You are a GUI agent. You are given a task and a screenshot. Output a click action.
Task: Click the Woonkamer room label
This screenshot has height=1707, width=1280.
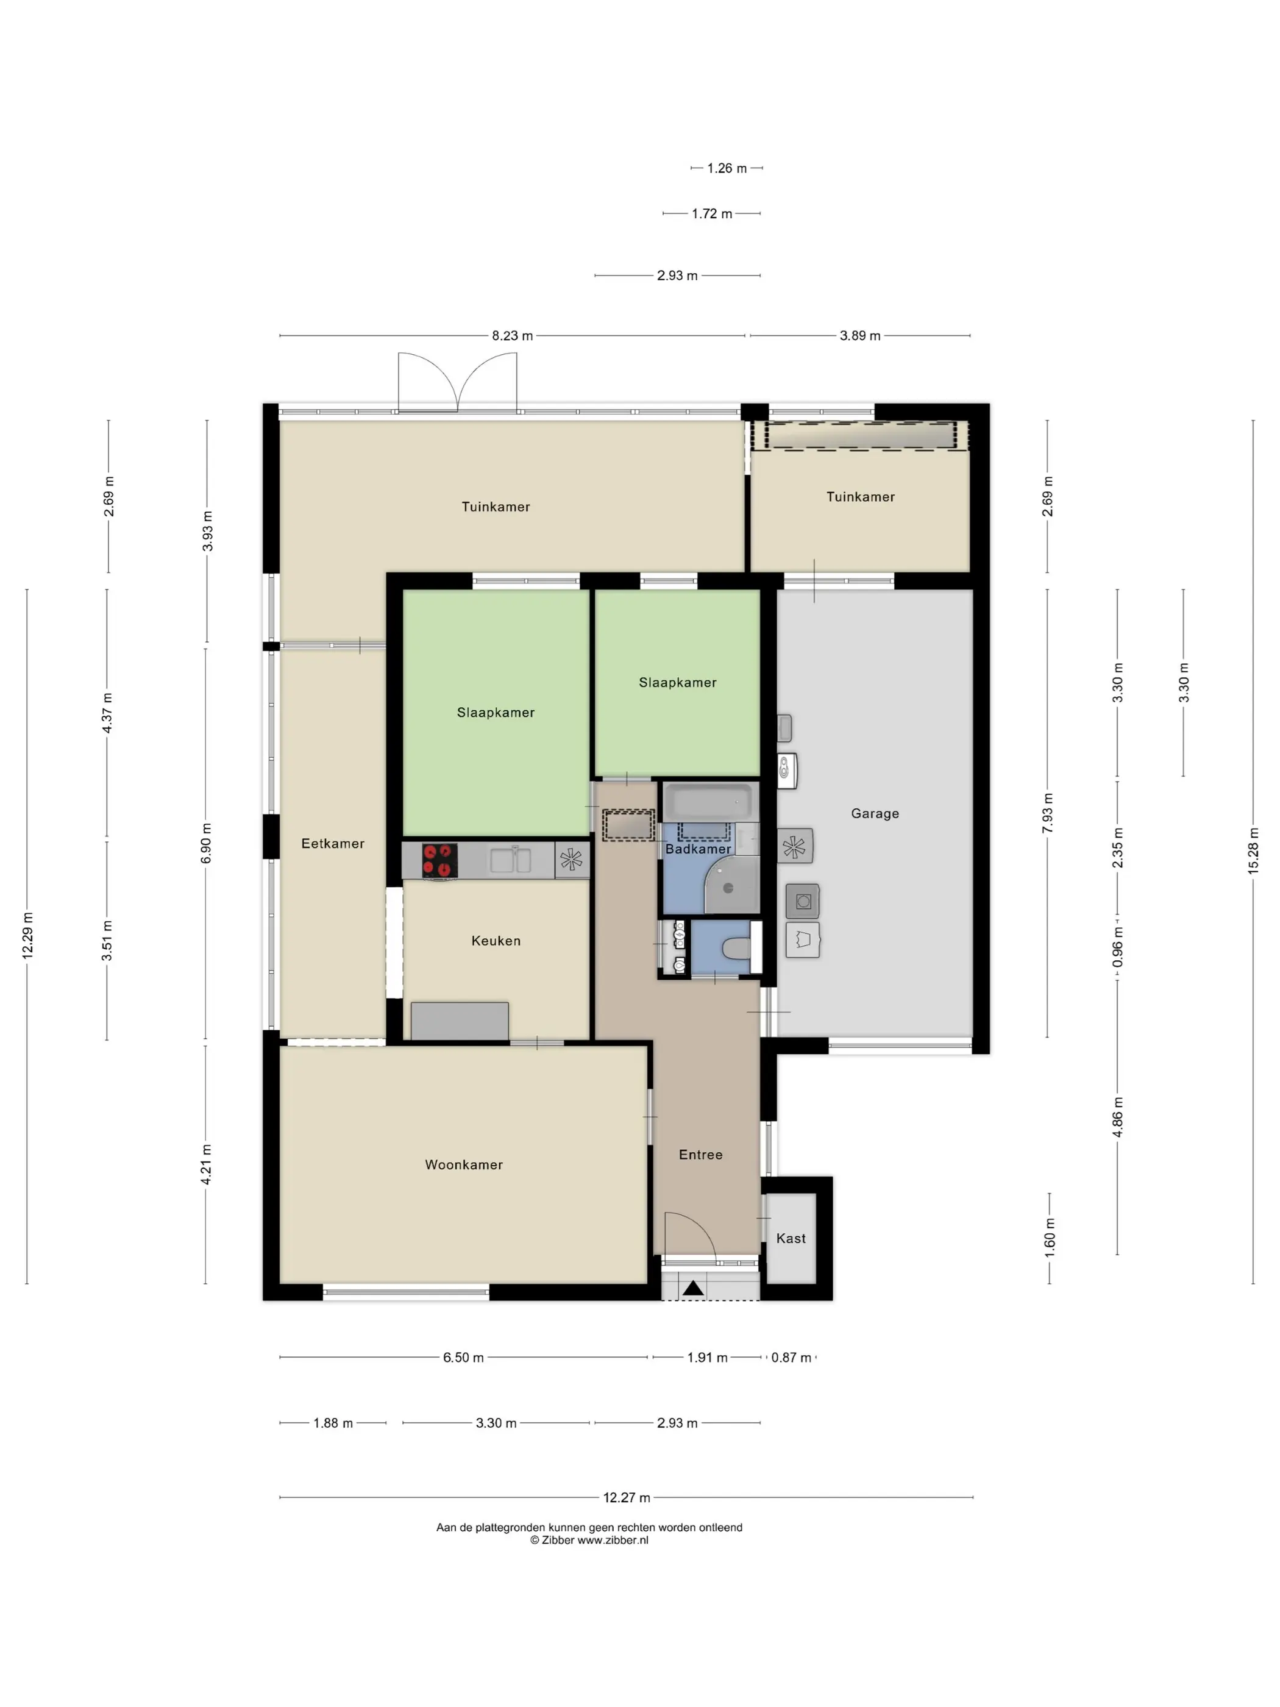click(x=464, y=1164)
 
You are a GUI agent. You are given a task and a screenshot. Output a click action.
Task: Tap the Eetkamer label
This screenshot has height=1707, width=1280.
click(x=333, y=844)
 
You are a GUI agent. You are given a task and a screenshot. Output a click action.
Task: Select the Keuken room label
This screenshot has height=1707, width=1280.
click(x=496, y=941)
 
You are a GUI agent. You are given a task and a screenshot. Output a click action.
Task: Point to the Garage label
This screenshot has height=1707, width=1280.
click(x=875, y=813)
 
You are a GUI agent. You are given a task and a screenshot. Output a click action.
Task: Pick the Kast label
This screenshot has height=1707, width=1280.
click(x=791, y=1239)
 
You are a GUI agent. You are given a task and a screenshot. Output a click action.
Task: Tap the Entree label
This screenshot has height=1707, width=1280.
click(x=700, y=1155)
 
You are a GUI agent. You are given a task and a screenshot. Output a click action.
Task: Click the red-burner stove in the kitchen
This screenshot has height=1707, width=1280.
click(x=440, y=860)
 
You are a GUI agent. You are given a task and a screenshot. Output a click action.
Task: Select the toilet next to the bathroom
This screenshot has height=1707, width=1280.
click(x=738, y=947)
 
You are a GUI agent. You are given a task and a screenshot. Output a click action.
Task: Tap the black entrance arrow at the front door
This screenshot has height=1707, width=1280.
click(x=693, y=1288)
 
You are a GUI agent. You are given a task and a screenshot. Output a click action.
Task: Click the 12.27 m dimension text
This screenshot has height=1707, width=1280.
click(x=627, y=1497)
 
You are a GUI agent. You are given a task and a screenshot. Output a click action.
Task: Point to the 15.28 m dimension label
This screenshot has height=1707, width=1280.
click(x=1253, y=850)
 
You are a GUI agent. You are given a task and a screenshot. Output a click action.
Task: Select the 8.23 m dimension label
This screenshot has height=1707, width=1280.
click(x=513, y=336)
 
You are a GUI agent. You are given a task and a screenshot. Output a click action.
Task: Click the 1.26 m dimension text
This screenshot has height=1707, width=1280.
click(x=727, y=168)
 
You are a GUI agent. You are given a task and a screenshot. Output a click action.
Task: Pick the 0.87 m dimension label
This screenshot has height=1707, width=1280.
click(x=792, y=1358)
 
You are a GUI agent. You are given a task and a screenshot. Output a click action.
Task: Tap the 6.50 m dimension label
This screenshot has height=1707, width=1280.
click(x=463, y=1358)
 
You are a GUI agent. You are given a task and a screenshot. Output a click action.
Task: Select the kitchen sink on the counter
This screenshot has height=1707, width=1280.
click(x=511, y=860)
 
